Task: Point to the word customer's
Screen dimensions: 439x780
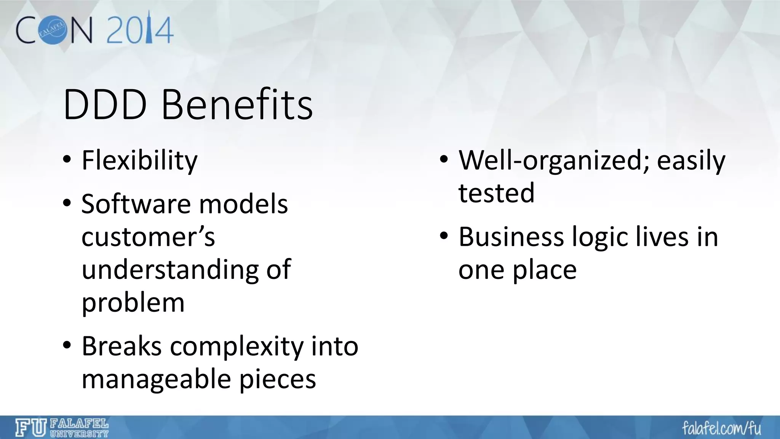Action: [x=148, y=237]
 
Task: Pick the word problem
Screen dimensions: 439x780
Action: [x=133, y=303]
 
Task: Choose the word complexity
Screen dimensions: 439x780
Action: [x=237, y=347]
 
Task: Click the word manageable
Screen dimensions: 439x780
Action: [x=156, y=380]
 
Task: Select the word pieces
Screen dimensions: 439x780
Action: [x=278, y=380]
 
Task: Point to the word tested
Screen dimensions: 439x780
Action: [x=496, y=192]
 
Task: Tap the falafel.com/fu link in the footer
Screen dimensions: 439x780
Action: [x=721, y=428]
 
